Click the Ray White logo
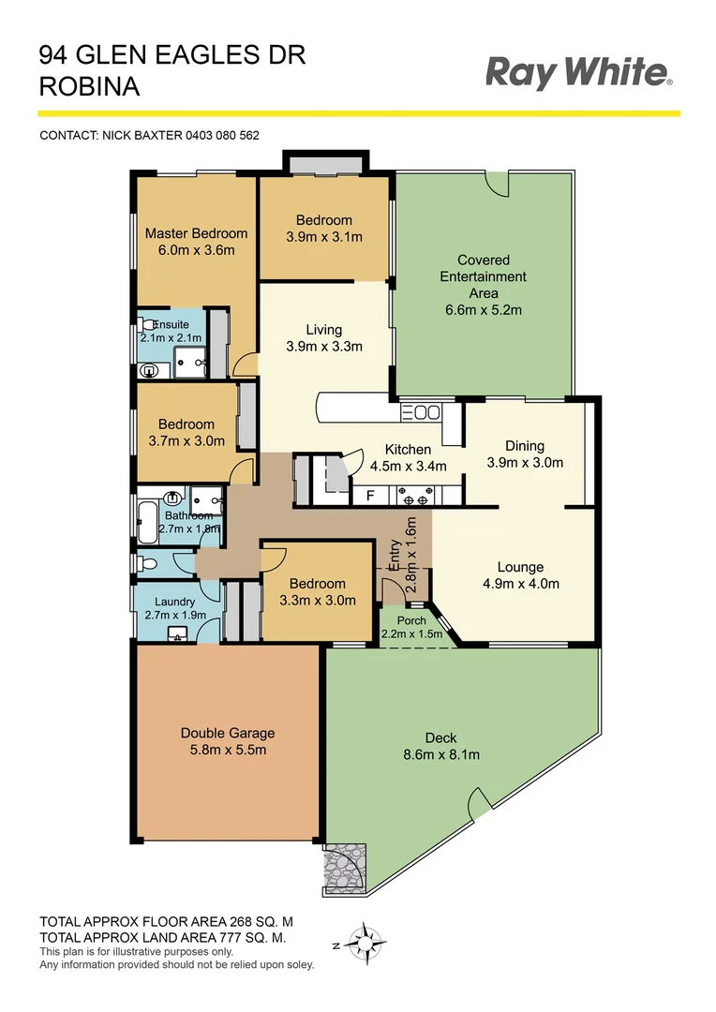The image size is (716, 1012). point(578,73)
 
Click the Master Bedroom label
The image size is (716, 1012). point(196,233)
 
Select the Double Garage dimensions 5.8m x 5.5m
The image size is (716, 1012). point(228,751)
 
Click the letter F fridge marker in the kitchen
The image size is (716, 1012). point(370,496)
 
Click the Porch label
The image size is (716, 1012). point(411,620)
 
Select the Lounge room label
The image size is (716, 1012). point(520,567)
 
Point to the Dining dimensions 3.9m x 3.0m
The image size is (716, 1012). point(524,463)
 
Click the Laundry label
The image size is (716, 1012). point(175,602)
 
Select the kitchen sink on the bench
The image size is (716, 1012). point(426,411)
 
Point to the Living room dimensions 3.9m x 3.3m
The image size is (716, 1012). point(323,346)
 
